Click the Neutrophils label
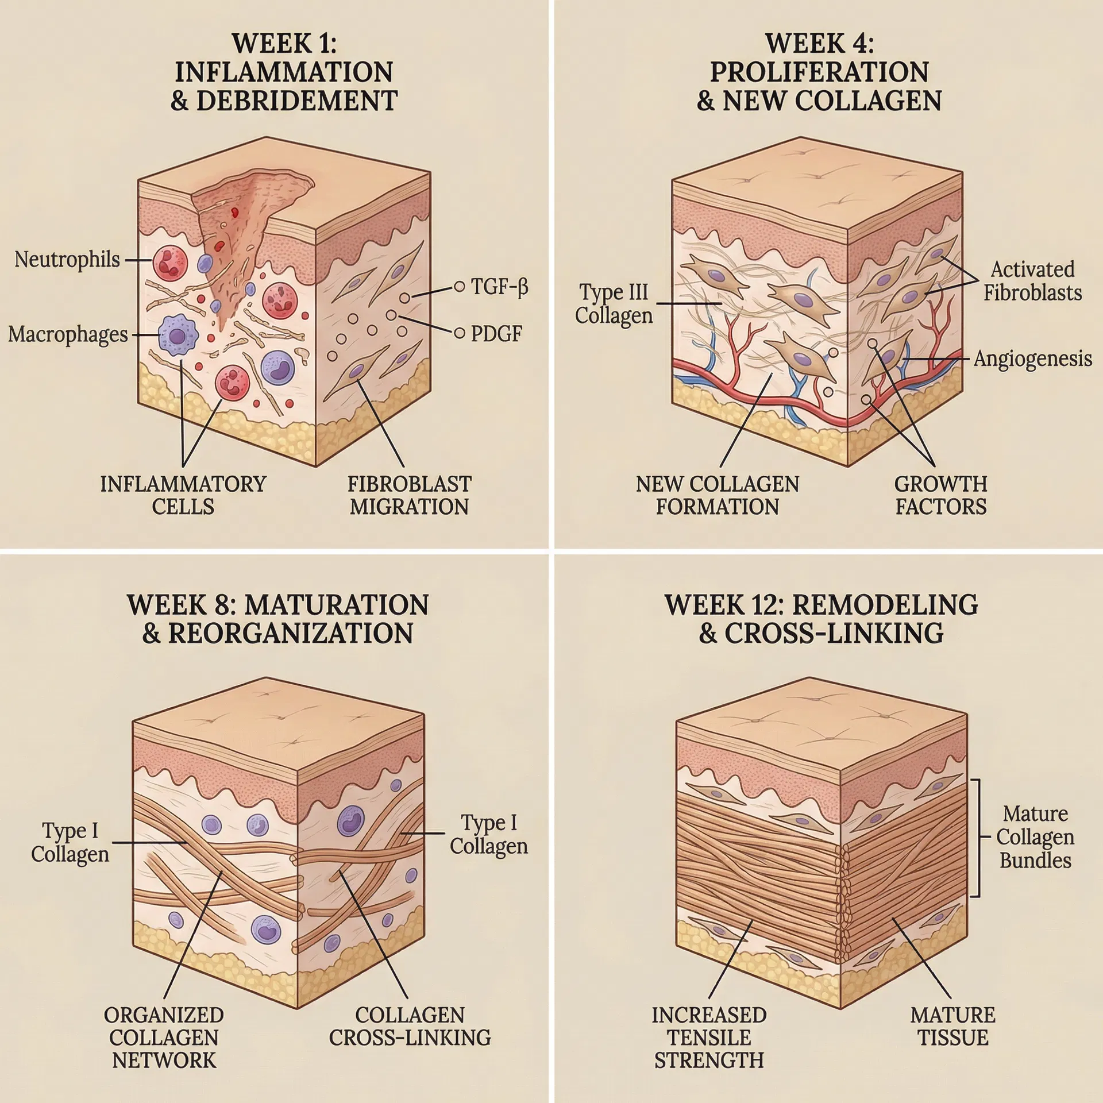click(x=67, y=260)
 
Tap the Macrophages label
click(x=68, y=334)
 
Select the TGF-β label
click(x=499, y=286)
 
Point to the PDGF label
click(x=496, y=334)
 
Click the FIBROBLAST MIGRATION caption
click(x=409, y=495)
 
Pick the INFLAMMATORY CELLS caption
click(x=183, y=495)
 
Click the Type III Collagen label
click(x=614, y=304)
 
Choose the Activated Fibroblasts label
click(x=1032, y=281)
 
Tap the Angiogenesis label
click(x=1032, y=358)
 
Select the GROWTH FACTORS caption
click(x=940, y=495)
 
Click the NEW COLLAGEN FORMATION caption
click(x=717, y=495)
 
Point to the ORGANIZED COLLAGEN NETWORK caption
click(x=164, y=1038)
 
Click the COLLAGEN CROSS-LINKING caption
click(x=410, y=1027)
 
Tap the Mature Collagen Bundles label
click(x=1035, y=837)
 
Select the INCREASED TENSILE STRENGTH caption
click(x=709, y=1038)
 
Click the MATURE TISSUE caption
click(x=952, y=1027)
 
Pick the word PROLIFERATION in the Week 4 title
click(x=819, y=72)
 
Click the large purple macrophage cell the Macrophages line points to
click(x=178, y=335)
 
